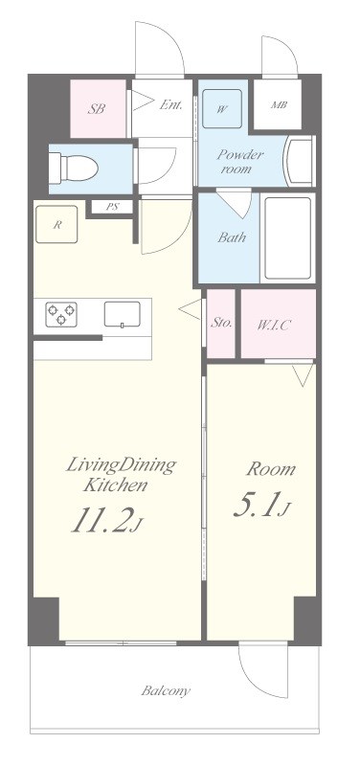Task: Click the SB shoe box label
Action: (97, 108)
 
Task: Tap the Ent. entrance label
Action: (171, 104)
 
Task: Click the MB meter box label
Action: (279, 104)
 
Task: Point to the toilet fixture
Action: (74, 169)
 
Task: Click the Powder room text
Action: (239, 162)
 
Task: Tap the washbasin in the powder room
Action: (299, 161)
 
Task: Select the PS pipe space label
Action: (112, 207)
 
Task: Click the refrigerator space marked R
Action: (56, 224)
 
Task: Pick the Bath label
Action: (232, 237)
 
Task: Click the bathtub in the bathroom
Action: (287, 237)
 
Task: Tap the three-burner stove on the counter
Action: (61, 314)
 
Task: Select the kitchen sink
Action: (123, 314)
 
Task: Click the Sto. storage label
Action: (221, 323)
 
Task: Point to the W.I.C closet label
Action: (274, 325)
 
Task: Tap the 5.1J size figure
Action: (261, 505)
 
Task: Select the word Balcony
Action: (166, 690)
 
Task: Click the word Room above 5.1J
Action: (271, 469)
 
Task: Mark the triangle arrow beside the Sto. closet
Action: (190, 309)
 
